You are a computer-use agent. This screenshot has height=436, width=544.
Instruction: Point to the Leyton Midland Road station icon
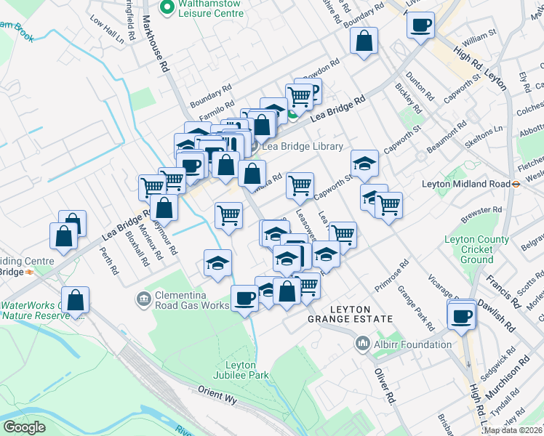[x=515, y=184]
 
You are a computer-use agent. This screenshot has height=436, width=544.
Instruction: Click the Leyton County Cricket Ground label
[x=477, y=249]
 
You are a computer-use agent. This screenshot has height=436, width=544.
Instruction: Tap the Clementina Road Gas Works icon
[x=143, y=298]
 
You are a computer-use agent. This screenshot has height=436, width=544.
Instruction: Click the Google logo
[x=24, y=427]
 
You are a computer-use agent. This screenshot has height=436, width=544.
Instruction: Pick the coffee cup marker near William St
[x=421, y=27]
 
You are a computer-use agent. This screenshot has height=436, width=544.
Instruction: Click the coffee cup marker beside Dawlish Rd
[x=461, y=316]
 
